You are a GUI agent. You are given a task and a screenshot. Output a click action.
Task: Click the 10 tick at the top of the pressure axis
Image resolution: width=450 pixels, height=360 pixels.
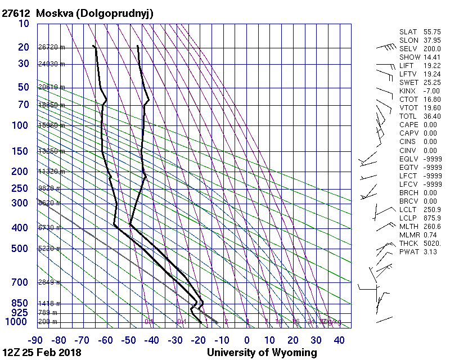(24, 23)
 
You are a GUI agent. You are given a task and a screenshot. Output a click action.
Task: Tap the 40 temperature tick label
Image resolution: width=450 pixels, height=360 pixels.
(339, 340)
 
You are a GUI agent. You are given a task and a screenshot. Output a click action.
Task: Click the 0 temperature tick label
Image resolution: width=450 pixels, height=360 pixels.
(247, 340)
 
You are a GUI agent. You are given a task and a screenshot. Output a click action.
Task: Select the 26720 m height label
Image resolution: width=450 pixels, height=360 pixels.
(51, 47)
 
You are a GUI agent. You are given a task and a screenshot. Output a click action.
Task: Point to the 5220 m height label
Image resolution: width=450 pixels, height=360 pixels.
(49, 249)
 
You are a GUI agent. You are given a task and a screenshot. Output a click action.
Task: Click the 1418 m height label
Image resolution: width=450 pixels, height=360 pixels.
(49, 303)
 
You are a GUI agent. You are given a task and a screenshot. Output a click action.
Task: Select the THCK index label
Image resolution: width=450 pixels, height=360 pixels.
(407, 243)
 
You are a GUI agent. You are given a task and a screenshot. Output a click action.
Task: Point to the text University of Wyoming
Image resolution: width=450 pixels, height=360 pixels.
(262, 353)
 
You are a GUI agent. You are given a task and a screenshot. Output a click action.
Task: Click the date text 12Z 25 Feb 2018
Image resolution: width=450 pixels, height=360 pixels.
(42, 353)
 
